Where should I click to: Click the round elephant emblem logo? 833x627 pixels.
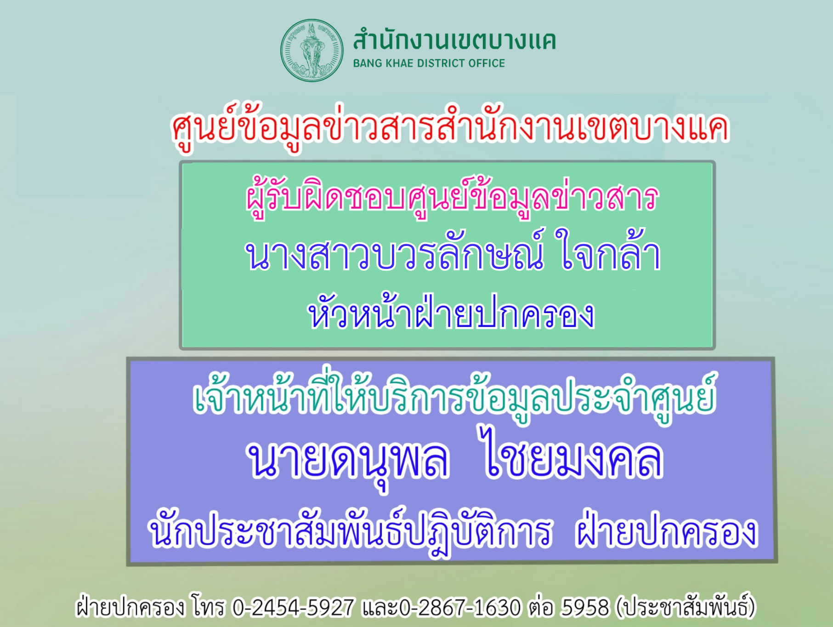point(312,51)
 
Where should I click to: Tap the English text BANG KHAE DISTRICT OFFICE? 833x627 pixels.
point(429,63)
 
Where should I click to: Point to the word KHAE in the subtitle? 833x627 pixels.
point(399,63)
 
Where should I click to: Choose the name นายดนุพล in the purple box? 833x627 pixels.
point(348,460)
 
